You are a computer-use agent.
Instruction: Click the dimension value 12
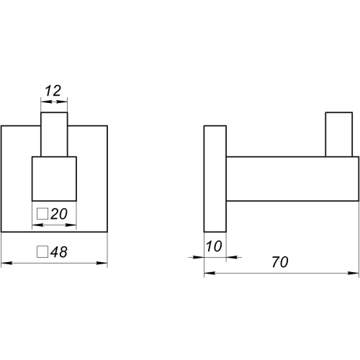(53, 91)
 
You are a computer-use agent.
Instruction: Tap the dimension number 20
(59, 214)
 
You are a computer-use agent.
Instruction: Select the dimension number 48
(59, 252)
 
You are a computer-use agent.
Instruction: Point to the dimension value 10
(214, 246)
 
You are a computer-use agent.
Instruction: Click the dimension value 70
(280, 262)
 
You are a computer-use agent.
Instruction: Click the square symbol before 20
(42, 214)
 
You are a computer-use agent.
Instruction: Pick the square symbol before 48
(42, 252)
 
